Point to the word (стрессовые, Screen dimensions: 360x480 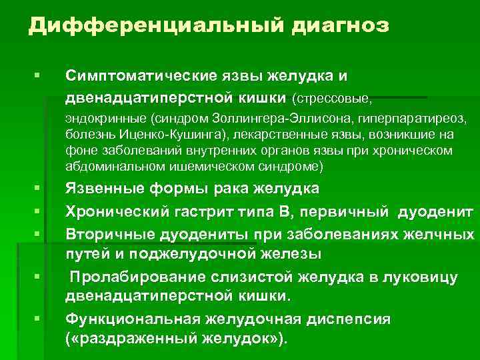coord(331,99)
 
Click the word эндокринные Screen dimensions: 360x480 coord(105,120)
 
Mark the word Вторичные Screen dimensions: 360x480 coord(107,233)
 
